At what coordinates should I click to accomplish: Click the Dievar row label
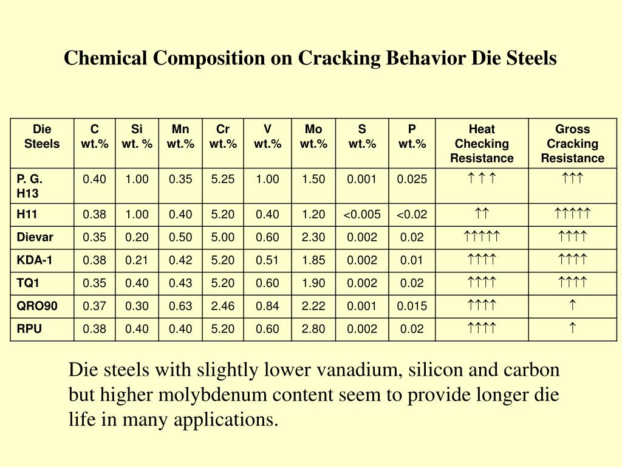[35, 237]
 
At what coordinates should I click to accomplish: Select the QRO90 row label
[37, 306]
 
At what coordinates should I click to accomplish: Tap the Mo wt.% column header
[313, 136]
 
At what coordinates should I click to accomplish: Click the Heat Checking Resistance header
[482, 144]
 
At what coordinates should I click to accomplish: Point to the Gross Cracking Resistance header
[572, 144]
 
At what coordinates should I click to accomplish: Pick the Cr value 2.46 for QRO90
[223, 306]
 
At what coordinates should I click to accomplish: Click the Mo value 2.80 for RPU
[313, 329]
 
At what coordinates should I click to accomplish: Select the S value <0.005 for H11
[362, 214]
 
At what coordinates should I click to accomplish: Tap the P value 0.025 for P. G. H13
[412, 179]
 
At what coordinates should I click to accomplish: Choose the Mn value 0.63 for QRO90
[180, 306]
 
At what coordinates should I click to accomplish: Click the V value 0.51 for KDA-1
[267, 260]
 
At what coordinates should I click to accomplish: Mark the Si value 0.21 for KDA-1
[137, 260]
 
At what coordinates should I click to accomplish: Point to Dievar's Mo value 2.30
[313, 237]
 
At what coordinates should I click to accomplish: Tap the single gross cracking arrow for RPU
[572, 329]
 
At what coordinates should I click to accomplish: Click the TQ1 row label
[29, 283]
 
